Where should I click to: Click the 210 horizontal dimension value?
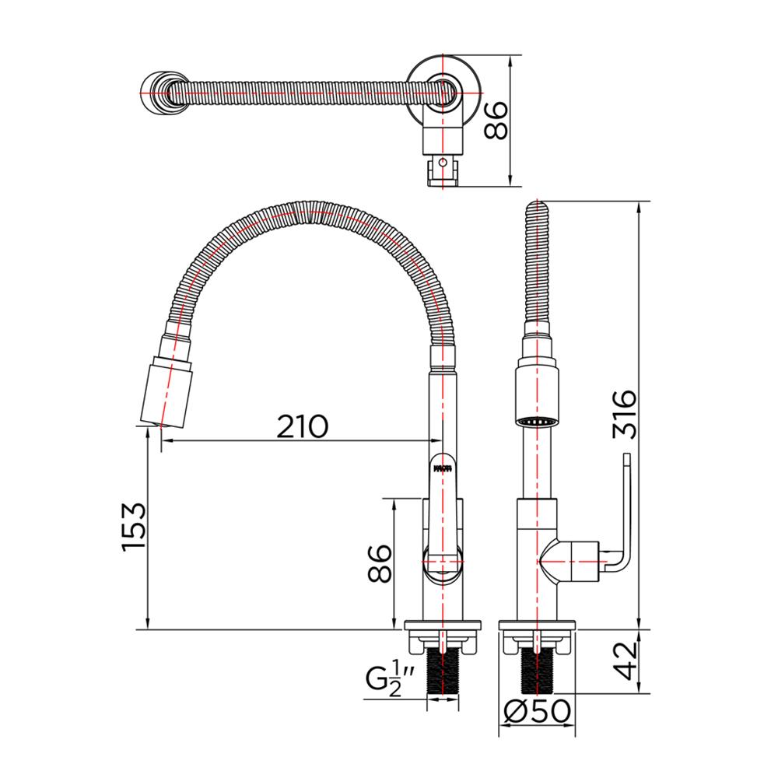click(303, 425)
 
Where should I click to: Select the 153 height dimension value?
click(133, 528)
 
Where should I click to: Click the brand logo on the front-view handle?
click(441, 468)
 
